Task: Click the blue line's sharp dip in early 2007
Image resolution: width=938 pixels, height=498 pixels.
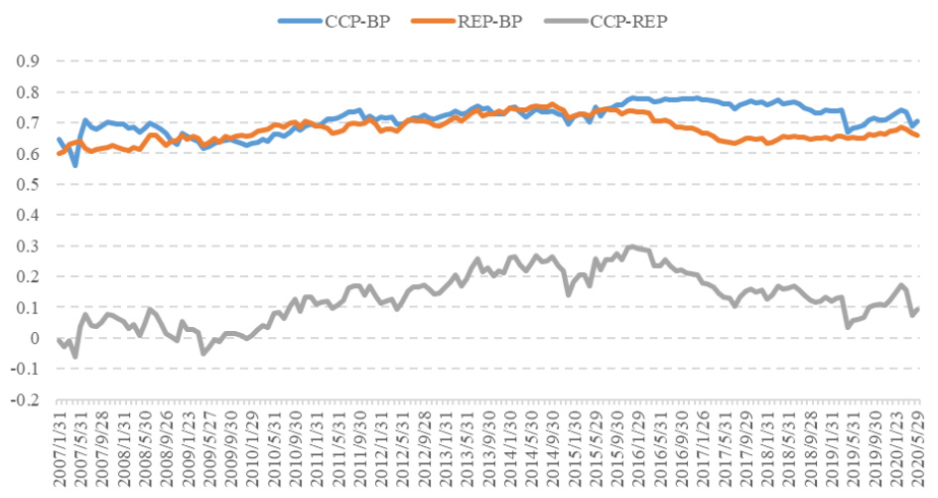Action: pos(75,164)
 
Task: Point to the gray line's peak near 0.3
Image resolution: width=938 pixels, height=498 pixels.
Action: pos(630,247)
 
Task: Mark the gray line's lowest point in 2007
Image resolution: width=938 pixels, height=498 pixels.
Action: pos(75,356)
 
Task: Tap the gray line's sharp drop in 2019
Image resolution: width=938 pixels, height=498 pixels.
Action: pos(848,325)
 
